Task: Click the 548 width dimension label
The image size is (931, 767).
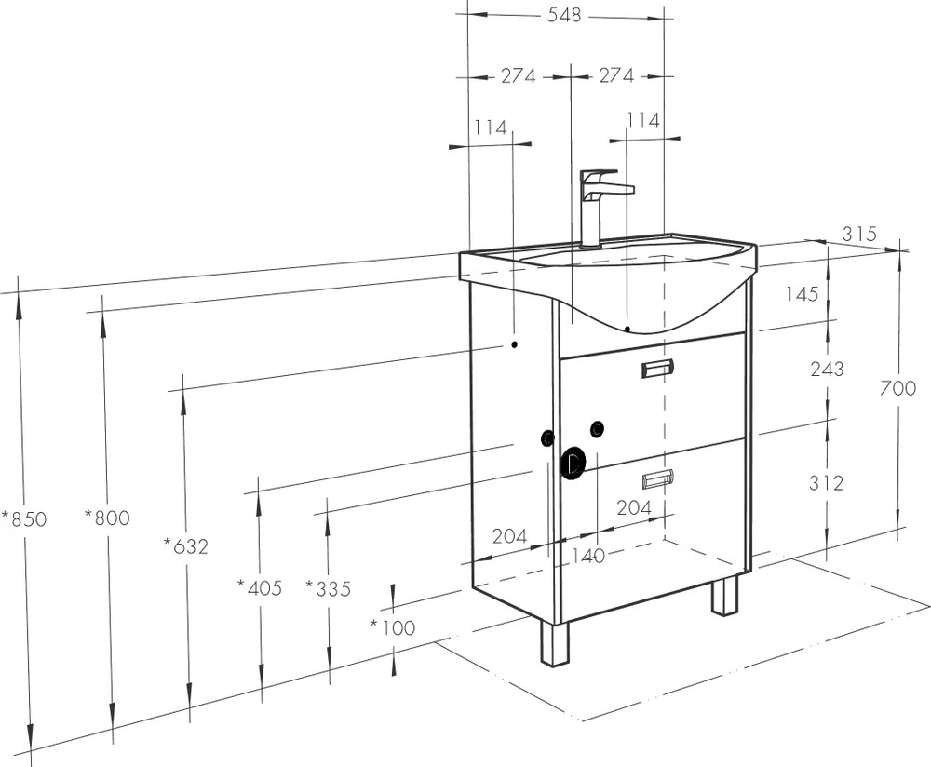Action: (563, 16)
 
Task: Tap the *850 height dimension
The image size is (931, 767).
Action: (24, 518)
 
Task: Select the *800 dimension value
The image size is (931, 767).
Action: (107, 518)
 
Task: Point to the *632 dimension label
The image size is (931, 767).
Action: (186, 545)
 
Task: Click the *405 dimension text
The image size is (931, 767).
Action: (260, 587)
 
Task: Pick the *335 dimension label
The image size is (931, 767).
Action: (329, 589)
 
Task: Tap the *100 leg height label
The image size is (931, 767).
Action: (393, 626)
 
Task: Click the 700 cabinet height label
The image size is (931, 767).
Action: (897, 388)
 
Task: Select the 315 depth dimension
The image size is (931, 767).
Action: (859, 234)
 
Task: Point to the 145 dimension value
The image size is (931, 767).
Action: (803, 293)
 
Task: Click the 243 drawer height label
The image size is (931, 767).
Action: (827, 370)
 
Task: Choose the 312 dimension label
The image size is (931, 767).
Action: (826, 483)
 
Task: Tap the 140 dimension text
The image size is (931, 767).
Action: (587, 556)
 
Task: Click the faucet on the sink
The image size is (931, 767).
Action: (600, 208)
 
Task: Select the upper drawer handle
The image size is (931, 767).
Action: (658, 369)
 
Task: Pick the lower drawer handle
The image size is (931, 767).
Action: (658, 478)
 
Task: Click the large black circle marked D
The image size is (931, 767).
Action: (573, 463)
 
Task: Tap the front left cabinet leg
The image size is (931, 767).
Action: (555, 643)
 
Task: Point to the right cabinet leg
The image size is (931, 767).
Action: (725, 596)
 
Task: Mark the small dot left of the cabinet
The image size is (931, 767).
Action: (515, 344)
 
